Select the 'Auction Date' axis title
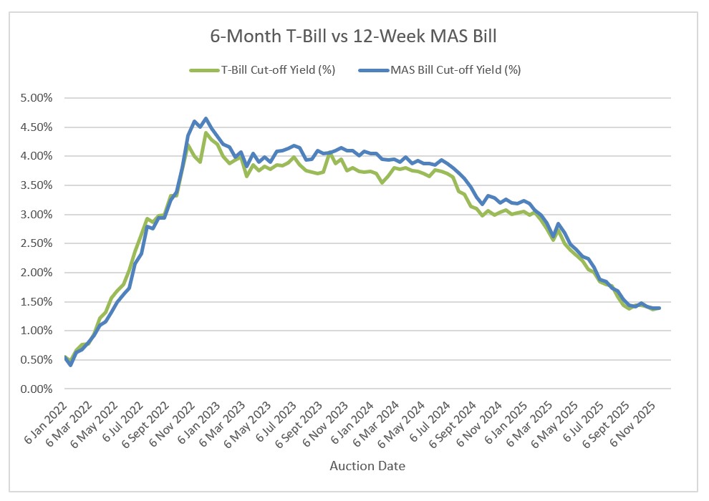click(x=367, y=466)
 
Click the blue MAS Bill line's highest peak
click(x=206, y=119)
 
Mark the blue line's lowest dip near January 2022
click(x=70, y=365)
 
